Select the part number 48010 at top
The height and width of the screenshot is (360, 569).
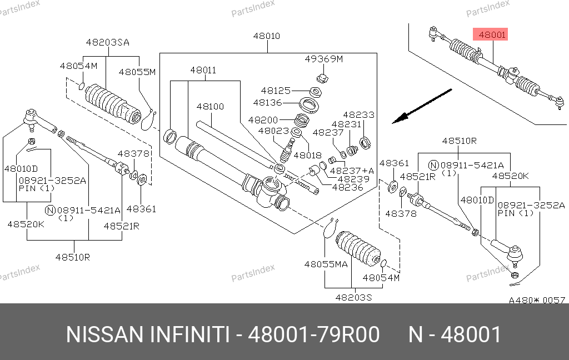click(267, 36)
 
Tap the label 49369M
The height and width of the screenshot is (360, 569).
click(324, 59)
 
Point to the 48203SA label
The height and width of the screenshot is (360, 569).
click(107, 42)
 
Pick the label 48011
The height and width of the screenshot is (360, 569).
click(203, 71)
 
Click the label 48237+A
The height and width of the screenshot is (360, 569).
click(352, 171)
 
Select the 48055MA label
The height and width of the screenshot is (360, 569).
click(326, 264)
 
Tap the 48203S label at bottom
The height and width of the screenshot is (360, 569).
click(353, 297)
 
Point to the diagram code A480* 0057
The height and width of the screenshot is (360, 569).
click(537, 300)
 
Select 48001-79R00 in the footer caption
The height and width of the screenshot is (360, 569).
click(313, 335)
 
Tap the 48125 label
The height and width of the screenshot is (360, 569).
click(276, 90)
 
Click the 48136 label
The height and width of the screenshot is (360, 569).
click(268, 102)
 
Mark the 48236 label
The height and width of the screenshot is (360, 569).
click(348, 188)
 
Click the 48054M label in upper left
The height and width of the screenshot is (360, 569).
click(78, 66)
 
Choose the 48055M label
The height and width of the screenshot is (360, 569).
click(137, 72)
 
